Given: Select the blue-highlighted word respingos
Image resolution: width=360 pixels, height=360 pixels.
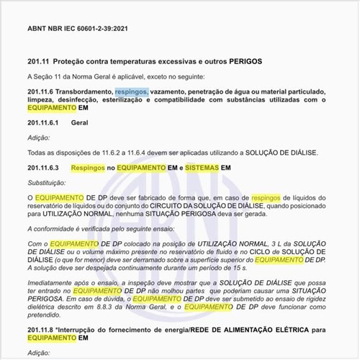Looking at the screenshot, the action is (x=131, y=92).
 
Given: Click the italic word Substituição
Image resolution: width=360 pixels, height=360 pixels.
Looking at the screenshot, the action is (x=46, y=181).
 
